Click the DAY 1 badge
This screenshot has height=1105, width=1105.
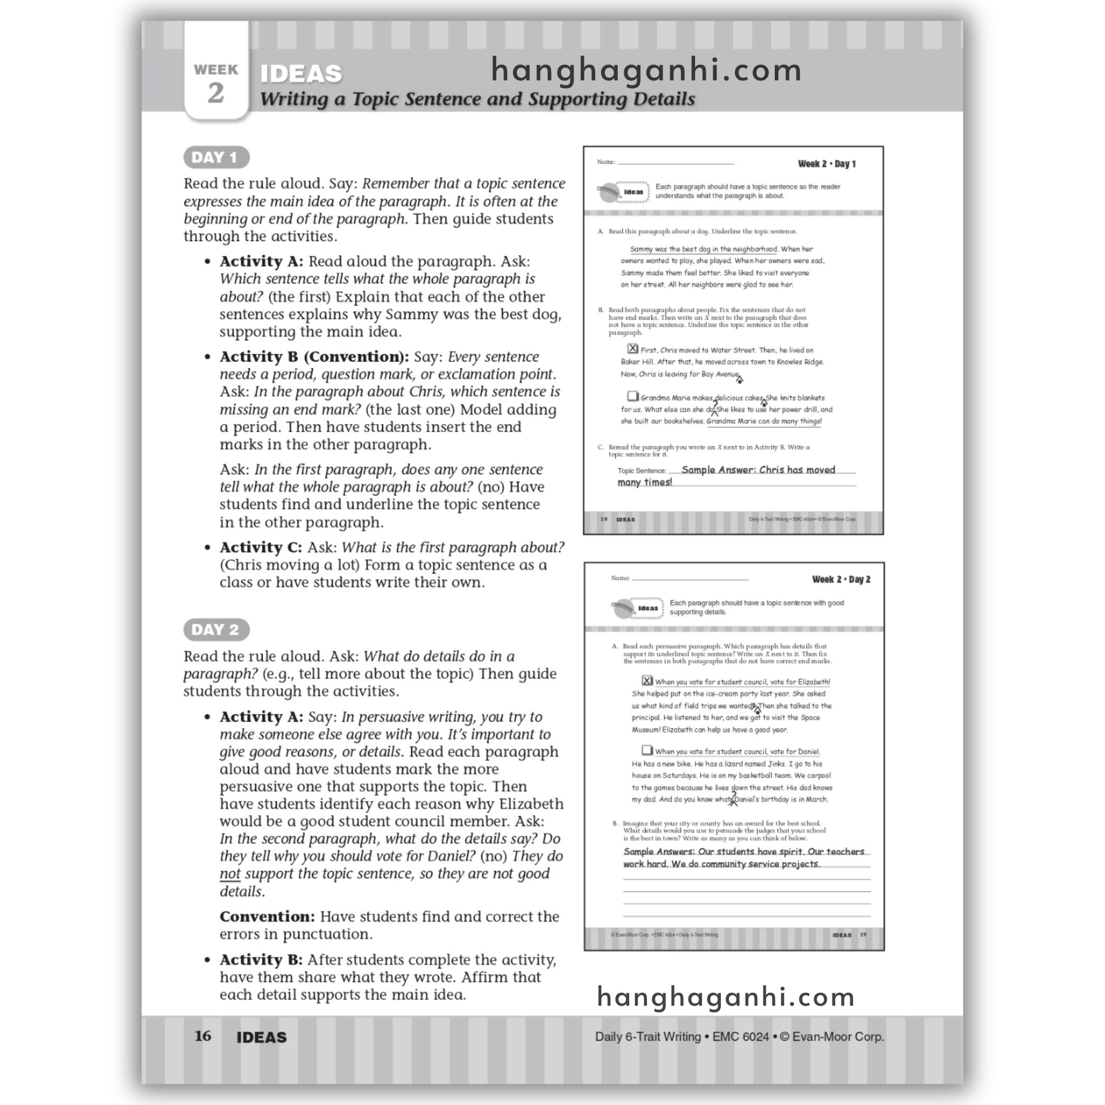point(216,158)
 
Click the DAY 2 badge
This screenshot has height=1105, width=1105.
point(216,630)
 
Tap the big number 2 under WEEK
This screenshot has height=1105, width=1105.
point(216,93)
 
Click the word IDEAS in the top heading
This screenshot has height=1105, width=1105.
point(301,74)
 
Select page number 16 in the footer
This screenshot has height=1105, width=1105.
point(202,1036)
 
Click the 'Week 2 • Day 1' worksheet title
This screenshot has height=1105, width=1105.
point(827,164)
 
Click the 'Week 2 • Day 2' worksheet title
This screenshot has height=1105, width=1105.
point(841,579)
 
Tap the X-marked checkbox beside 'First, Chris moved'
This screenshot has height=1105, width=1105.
point(632,349)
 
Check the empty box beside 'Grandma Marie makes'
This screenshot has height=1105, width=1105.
point(632,396)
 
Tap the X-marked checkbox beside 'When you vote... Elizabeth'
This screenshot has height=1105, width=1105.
point(647,680)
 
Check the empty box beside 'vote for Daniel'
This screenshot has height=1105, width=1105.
point(647,750)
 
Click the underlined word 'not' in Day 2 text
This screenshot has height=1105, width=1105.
point(230,874)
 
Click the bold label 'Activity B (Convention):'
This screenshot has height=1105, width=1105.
point(314,357)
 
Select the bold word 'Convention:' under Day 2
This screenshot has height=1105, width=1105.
point(267,917)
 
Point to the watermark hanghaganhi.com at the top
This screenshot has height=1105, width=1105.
point(646,71)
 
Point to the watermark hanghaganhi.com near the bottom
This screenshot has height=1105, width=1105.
point(726,998)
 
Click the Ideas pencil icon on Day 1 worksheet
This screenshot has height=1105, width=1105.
point(609,192)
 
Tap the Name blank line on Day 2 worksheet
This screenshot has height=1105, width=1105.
point(690,579)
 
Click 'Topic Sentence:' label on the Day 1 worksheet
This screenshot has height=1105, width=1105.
point(642,471)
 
